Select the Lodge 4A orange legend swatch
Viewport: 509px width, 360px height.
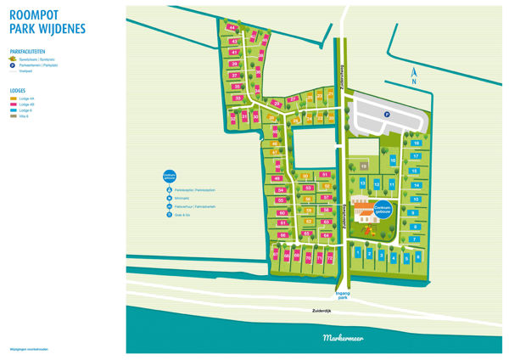coord(13,98)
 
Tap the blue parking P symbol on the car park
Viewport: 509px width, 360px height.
coord(387,115)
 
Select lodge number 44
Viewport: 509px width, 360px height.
coord(232,28)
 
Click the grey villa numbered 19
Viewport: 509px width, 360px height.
coord(362,166)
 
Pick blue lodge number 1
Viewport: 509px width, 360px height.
coord(359,253)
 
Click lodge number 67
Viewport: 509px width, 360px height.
coord(287,254)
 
